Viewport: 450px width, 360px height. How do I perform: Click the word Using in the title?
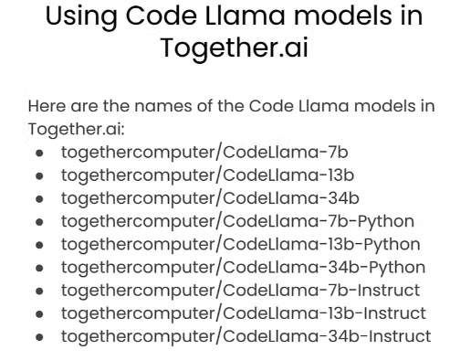pos(81,17)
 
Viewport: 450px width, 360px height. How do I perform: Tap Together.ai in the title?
pos(235,48)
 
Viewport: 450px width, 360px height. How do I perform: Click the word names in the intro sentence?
pos(163,106)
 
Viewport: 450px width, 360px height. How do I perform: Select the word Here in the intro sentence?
pos(47,106)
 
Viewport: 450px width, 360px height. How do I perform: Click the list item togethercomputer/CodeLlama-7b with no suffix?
pos(204,153)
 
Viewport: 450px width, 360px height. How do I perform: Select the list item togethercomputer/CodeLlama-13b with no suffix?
pos(207,175)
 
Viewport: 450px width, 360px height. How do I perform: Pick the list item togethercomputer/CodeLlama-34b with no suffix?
pos(210,198)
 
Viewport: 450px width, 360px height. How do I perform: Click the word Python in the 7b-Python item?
pos(385,222)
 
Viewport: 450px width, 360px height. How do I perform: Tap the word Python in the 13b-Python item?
pos(392,245)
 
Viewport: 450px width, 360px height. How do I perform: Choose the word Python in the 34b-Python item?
pos(397,268)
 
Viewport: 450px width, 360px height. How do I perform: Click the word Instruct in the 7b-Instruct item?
pos(389,291)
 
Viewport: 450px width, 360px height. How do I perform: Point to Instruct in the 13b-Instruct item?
pos(394,313)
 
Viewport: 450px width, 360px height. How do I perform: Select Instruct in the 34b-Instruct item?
pos(400,337)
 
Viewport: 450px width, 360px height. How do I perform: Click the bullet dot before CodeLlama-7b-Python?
pos(39,222)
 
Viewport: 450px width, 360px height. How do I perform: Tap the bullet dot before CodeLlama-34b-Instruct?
pos(39,337)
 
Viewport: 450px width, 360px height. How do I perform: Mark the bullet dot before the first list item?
pos(39,154)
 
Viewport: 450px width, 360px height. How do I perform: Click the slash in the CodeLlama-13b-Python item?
pos(218,245)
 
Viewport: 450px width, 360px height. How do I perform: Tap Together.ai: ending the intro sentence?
pos(77,130)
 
